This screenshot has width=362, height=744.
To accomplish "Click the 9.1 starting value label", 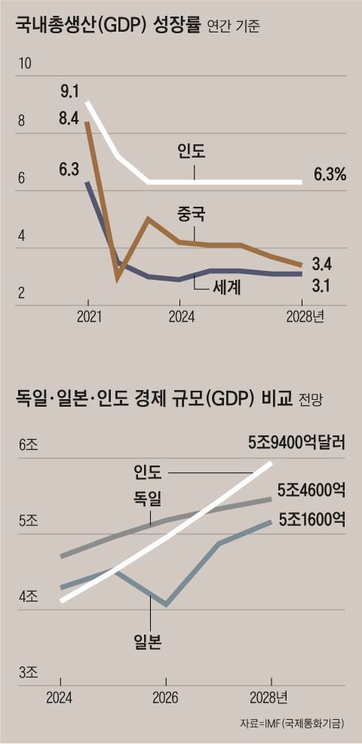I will pos(69,92).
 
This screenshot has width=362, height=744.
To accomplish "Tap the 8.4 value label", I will pos(69,118).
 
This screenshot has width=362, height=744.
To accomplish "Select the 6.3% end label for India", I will pos(330,175).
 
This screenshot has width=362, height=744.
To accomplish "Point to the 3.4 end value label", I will pos(323,264).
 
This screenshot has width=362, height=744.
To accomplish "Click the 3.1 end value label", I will pos(323,287).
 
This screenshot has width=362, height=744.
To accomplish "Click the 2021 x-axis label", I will pos(89,317).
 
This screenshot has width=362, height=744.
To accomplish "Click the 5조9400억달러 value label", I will pos(296,443).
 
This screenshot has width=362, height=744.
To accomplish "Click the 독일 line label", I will pos(149,498).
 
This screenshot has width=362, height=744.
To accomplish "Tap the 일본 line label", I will pos(149,643).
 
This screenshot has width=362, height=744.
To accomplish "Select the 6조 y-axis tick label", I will pos(27,446).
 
